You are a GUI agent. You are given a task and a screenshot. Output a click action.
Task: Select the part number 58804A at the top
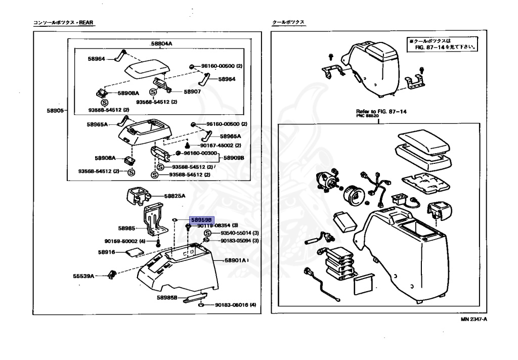pyautogui.click(x=161, y=44)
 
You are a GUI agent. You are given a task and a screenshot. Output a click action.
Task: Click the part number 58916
pyautogui.click(x=107, y=252)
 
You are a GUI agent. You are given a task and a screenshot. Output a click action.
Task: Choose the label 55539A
pyautogui.click(x=83, y=276)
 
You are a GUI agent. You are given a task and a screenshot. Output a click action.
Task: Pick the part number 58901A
pyautogui.click(x=236, y=260)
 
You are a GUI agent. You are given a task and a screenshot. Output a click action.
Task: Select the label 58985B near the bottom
pyautogui.click(x=167, y=297)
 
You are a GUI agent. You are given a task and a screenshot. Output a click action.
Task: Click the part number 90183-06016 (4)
pyautogui.click(x=235, y=305)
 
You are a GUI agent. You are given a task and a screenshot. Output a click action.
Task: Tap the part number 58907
pyautogui.click(x=192, y=92)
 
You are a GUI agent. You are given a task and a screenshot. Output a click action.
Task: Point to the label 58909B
pyautogui.click(x=234, y=158)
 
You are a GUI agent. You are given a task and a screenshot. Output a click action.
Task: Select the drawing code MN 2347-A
pyautogui.click(x=477, y=320)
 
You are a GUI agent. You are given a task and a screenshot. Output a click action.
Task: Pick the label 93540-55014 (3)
pyautogui.click(x=239, y=233)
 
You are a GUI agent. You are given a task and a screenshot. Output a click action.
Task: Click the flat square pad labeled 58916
pyautogui.click(x=133, y=251)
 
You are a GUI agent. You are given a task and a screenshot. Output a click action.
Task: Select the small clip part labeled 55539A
pyautogui.click(x=113, y=274)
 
